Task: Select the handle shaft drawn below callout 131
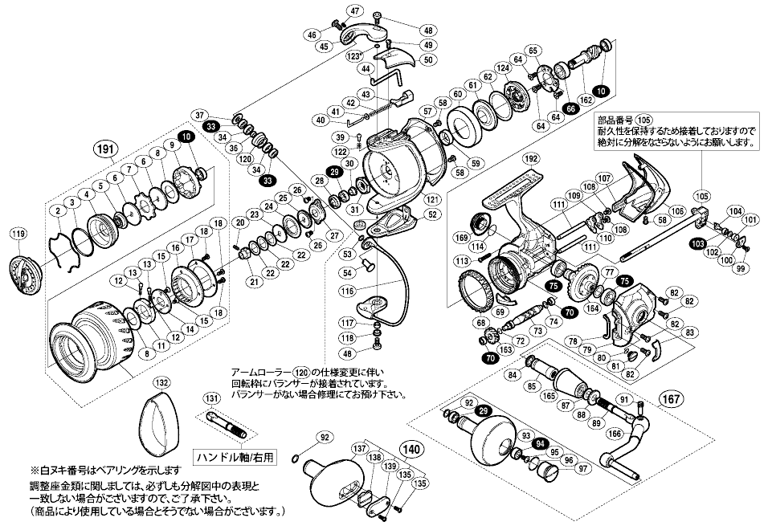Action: coord(224,422)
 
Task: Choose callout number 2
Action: coord(56,210)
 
